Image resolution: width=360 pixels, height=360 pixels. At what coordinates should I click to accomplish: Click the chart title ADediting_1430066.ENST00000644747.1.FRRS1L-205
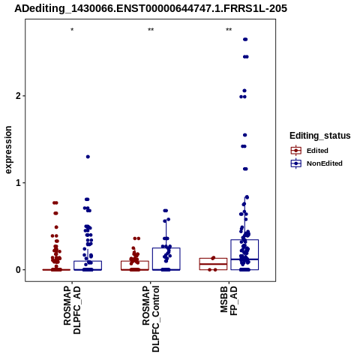151,8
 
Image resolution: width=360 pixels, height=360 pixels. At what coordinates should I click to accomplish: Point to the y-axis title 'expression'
8,150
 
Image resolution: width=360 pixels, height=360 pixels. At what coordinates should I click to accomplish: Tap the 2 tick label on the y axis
18,96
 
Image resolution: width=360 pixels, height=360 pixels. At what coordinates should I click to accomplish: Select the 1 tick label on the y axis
18,183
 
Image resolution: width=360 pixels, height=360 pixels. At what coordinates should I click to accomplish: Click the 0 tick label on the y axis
18,270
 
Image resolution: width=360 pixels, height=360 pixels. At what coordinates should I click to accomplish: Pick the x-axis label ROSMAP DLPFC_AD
72,310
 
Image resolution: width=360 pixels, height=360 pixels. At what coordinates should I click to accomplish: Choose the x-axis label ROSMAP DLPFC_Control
151,319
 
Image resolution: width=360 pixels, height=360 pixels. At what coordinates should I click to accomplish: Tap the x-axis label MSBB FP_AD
229,301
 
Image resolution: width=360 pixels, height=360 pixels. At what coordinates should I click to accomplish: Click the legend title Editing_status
320,136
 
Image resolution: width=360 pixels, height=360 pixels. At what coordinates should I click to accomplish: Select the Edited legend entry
310,151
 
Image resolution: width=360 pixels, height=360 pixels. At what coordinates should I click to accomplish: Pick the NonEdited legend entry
316,163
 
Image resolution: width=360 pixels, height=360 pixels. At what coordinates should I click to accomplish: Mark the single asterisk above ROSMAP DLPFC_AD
72,30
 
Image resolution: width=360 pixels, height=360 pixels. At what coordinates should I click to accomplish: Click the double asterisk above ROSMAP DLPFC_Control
151,30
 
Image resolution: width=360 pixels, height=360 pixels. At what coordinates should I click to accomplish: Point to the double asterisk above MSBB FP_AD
229,30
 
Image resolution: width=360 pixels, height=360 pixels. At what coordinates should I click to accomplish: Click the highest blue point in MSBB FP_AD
245,39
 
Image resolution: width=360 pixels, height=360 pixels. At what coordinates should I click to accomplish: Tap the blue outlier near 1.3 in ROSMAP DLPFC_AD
88,157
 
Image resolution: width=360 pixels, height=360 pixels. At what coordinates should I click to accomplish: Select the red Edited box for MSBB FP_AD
213,259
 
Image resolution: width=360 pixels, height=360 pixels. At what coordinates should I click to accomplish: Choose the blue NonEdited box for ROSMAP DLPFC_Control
166,248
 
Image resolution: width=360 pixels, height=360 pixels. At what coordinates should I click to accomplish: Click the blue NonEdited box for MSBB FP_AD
244,240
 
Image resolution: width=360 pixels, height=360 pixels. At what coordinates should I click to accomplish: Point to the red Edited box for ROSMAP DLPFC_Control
135,261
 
